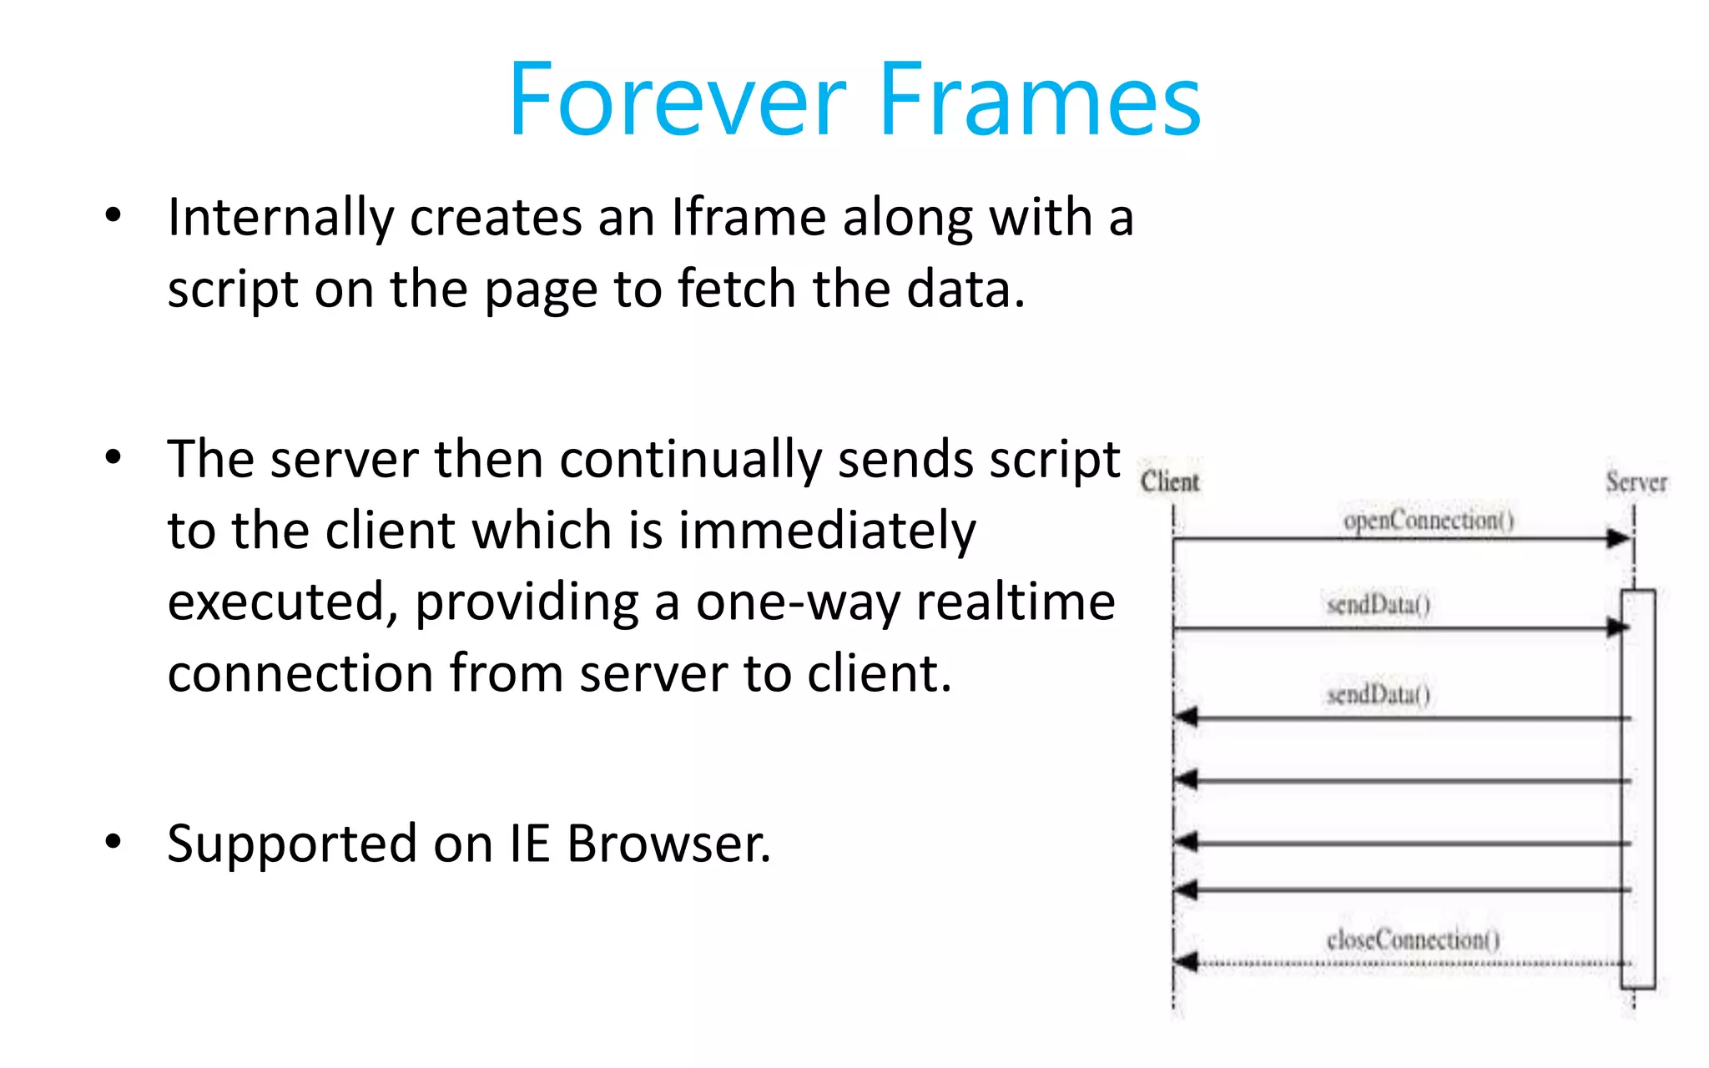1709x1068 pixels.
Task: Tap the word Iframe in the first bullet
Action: pyautogui.click(x=749, y=218)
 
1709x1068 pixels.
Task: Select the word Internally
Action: pyautogui.click(x=280, y=218)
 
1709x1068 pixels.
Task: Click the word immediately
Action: pyautogui.click(x=826, y=531)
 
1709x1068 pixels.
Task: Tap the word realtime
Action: pyautogui.click(x=1016, y=602)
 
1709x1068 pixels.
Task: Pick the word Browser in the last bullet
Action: pyautogui.click(x=668, y=844)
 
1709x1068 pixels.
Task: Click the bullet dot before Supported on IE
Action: pyautogui.click(x=113, y=842)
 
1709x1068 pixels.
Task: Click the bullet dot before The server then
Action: pyautogui.click(x=113, y=457)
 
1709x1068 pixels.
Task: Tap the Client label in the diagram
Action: pyautogui.click(x=1169, y=481)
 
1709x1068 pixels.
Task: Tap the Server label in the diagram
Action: pyautogui.click(x=1636, y=482)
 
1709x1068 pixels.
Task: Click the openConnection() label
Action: pyautogui.click(x=1428, y=521)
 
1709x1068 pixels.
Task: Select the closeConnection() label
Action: pyautogui.click(x=1413, y=940)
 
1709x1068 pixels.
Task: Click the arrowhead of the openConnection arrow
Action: pyautogui.click(x=1619, y=539)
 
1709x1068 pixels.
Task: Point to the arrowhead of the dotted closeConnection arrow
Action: pyautogui.click(x=1187, y=963)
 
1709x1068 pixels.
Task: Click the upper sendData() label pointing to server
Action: pyautogui.click(x=1379, y=604)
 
